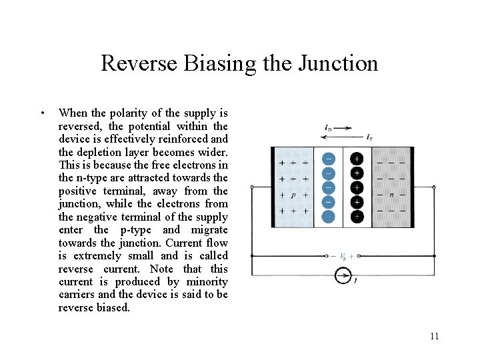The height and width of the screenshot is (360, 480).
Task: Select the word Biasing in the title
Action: (220, 63)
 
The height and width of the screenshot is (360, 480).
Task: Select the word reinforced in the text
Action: (188, 139)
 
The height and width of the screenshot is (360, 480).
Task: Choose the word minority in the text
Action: (207, 281)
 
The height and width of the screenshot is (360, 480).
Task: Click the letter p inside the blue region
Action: (293, 195)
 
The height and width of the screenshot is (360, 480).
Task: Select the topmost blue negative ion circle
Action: (328, 159)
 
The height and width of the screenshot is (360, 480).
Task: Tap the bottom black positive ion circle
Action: (357, 216)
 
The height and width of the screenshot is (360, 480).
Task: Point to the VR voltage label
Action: (343, 255)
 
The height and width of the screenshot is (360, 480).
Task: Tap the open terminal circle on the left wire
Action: (252, 187)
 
